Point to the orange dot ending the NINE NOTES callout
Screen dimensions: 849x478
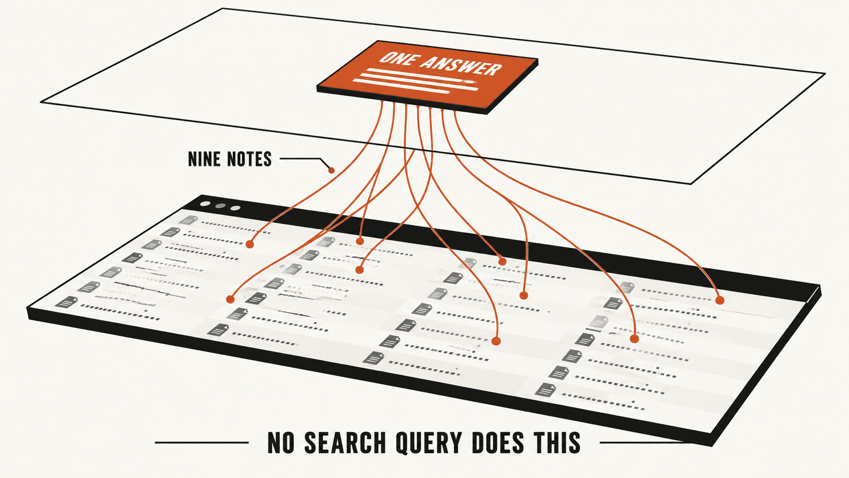[x=331, y=170]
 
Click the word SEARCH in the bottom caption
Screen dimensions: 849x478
[x=345, y=442]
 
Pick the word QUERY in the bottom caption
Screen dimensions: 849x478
[x=429, y=443]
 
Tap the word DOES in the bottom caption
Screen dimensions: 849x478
[x=498, y=442]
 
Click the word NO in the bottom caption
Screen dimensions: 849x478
[x=281, y=442]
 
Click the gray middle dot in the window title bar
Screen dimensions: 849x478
[x=220, y=206]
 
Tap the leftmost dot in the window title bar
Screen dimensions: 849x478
[x=205, y=204]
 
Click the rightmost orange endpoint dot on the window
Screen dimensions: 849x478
[x=720, y=301]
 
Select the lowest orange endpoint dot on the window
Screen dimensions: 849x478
[x=496, y=341]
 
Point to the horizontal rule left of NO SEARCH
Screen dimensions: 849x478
[x=202, y=442]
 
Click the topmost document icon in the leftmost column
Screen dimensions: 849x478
[x=188, y=220]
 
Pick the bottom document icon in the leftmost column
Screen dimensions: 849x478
[x=67, y=302]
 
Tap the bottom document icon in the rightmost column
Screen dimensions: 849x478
[x=546, y=390]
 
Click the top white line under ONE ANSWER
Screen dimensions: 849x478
[x=419, y=74]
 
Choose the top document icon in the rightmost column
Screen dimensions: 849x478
[x=627, y=288]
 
